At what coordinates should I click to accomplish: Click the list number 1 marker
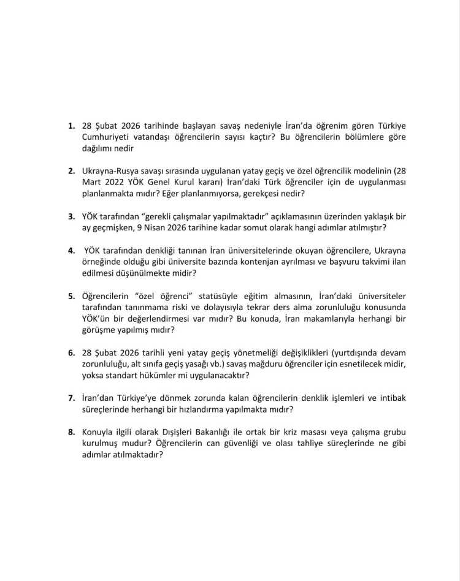pyautogui.click(x=72, y=126)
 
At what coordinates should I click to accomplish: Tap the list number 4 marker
pyautogui.click(x=72, y=251)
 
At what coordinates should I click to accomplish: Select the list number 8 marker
pyautogui.click(x=72, y=431)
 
